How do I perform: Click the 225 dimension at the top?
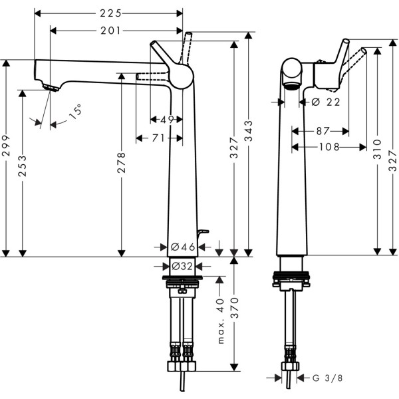tap(108, 13)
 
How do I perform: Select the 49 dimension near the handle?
tap(166, 120)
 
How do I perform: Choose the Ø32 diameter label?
tap(182, 265)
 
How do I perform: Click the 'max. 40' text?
tap(220, 321)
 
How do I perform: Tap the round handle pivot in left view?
tap(180, 75)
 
